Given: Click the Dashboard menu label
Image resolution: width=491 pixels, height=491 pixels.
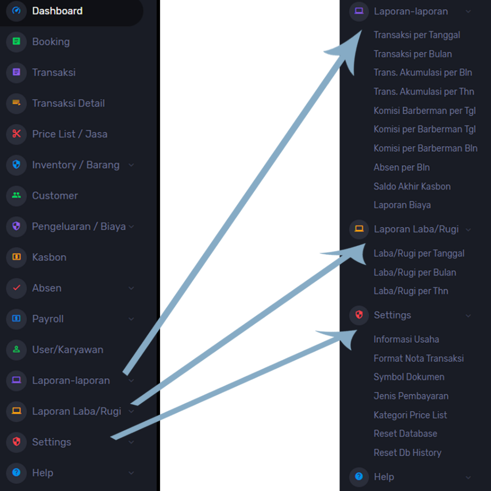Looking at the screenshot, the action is pyautogui.click(x=58, y=11).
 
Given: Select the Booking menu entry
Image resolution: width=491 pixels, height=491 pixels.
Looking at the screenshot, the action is pyautogui.click(x=51, y=42).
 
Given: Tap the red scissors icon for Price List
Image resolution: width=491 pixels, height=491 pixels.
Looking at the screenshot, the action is pyautogui.click(x=16, y=134).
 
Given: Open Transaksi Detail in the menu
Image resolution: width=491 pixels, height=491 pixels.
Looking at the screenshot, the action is pyautogui.click(x=68, y=104).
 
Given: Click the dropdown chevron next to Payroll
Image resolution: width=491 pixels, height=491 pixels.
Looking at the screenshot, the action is pyautogui.click(x=131, y=319).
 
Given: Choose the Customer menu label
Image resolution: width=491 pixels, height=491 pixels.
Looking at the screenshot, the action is pyautogui.click(x=55, y=196).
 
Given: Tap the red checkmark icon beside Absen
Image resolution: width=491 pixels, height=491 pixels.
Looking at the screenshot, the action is pyautogui.click(x=16, y=288).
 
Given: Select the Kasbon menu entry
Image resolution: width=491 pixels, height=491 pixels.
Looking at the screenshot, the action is pyautogui.click(x=49, y=257).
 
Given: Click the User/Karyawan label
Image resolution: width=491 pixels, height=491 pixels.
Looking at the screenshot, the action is pyautogui.click(x=68, y=350).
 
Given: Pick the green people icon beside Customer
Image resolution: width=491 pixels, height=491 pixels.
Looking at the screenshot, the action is pyautogui.click(x=16, y=196).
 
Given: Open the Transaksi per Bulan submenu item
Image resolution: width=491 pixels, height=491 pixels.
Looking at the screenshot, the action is pyautogui.click(x=413, y=54).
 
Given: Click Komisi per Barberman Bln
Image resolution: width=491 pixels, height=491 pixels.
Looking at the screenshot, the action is pyautogui.click(x=426, y=148).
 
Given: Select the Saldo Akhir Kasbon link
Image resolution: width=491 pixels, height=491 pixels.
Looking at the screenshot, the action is pyautogui.click(x=412, y=187).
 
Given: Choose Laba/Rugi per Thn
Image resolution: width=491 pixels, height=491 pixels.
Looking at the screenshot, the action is pyautogui.click(x=411, y=291).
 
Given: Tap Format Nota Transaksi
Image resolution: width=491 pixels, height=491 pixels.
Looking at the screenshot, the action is pyautogui.click(x=419, y=358).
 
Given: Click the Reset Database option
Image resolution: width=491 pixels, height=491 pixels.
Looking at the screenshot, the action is pyautogui.click(x=405, y=433).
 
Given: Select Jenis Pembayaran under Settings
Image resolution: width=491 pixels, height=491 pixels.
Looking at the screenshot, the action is pyautogui.click(x=411, y=396).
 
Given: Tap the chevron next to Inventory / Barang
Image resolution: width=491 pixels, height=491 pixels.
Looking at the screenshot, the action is pyautogui.click(x=131, y=165).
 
